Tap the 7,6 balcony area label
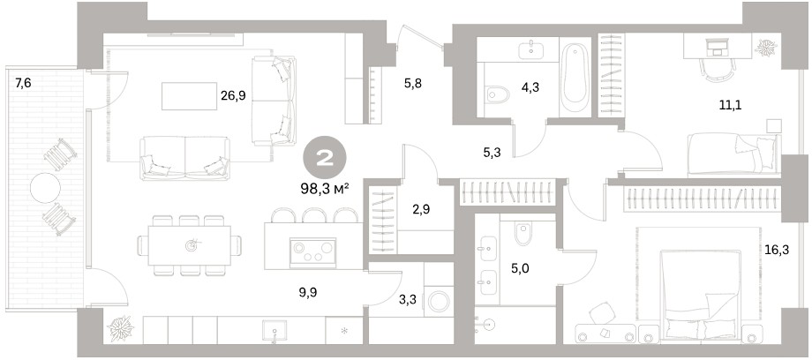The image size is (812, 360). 23,83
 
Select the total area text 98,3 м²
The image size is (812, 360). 325,189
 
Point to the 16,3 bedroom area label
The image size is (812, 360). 777,251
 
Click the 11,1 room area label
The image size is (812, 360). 730,106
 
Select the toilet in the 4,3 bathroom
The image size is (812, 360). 498,94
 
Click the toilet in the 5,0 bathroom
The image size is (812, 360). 523,234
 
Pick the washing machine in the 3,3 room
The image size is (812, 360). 440,302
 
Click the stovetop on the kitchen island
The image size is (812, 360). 312,252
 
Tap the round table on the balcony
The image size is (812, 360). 46,188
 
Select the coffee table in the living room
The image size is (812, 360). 189,96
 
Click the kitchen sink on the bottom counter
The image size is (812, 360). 274,332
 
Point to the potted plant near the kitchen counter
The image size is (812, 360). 121,328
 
